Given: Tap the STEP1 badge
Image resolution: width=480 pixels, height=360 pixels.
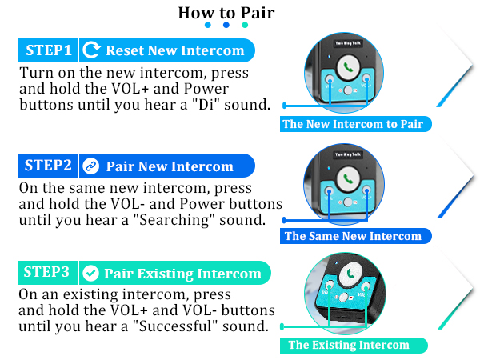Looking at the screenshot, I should [49, 51].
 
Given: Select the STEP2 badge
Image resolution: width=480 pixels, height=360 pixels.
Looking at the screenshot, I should [48, 166].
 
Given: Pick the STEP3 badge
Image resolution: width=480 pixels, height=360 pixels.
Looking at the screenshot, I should [47, 272].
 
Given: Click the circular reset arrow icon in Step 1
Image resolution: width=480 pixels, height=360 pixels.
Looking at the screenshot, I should [92, 51].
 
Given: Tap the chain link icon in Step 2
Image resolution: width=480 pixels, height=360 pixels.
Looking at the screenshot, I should [90, 166].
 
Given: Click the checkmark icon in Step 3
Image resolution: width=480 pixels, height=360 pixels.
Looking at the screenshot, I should [90, 273].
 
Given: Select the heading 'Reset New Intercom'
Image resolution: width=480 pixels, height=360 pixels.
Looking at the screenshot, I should [174, 51].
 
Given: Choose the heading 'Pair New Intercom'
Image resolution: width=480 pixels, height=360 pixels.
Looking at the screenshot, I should [170, 166].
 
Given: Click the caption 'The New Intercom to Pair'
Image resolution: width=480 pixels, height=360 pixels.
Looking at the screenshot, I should [352, 124].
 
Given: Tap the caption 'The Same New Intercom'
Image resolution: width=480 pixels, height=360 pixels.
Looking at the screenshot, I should [353, 236].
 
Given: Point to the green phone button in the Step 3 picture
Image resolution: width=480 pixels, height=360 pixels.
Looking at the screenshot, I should [350, 274].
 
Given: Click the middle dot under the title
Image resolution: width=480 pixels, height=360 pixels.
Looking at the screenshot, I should [226, 26].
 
